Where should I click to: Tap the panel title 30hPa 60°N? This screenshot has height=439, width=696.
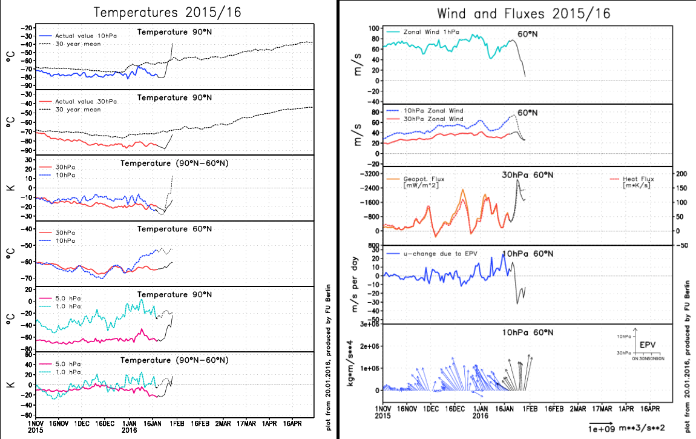click(527, 175)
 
